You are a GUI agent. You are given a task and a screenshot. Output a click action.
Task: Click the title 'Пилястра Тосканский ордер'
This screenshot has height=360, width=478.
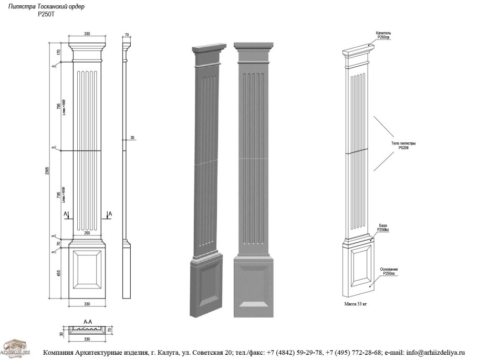[46, 7]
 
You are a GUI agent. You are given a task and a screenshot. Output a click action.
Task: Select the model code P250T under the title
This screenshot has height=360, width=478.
[46, 14]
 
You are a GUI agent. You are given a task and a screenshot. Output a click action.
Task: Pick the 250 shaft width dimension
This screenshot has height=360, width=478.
[87, 233]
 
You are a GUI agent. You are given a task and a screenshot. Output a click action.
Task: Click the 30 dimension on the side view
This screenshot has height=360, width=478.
[132, 138]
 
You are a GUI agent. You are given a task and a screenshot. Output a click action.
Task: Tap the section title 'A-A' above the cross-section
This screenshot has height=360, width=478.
[88, 320]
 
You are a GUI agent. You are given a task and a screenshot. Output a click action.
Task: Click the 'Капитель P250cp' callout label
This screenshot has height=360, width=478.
[383, 35]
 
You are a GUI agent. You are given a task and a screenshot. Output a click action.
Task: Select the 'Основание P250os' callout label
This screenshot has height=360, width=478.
[389, 271]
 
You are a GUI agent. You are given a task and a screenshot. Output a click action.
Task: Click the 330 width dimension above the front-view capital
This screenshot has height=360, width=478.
[87, 34]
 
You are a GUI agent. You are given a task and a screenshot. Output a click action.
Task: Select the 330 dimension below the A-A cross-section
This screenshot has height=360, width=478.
[87, 339]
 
